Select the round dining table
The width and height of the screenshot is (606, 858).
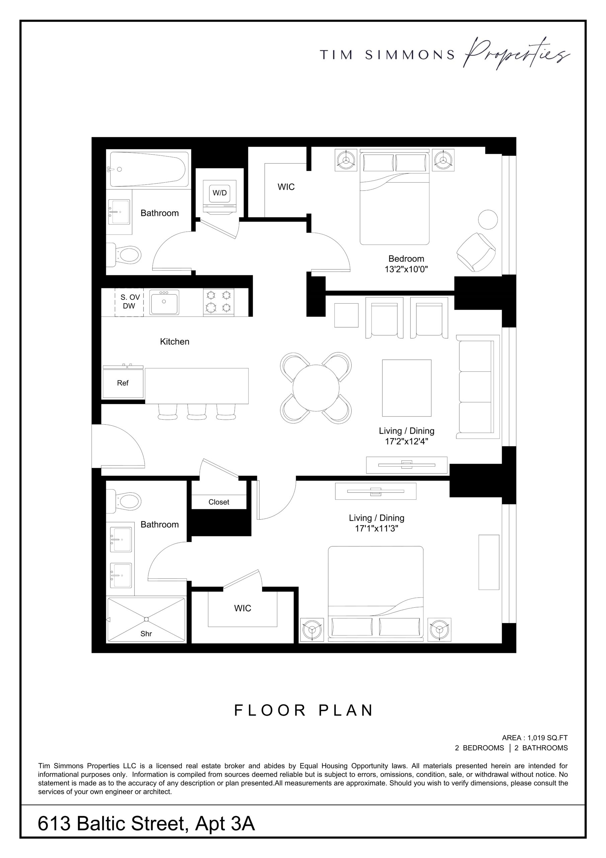(x=316, y=388)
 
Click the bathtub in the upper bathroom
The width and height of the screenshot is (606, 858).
(x=148, y=169)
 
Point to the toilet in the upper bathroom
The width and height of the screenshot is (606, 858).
(x=124, y=255)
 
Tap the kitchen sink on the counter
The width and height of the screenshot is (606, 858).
(x=164, y=302)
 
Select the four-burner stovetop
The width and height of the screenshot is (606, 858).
(x=219, y=302)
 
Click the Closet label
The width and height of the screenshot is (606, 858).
(x=219, y=502)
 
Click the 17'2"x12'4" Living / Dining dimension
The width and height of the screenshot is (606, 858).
(x=406, y=441)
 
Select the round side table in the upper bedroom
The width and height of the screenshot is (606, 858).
(x=487, y=219)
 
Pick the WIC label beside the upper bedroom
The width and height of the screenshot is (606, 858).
(x=286, y=187)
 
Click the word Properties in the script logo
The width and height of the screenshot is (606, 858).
(x=517, y=54)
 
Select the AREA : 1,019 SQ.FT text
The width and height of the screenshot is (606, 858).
(x=535, y=738)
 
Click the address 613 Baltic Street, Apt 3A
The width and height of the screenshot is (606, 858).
(x=146, y=823)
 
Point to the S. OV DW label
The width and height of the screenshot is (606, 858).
(x=130, y=302)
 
